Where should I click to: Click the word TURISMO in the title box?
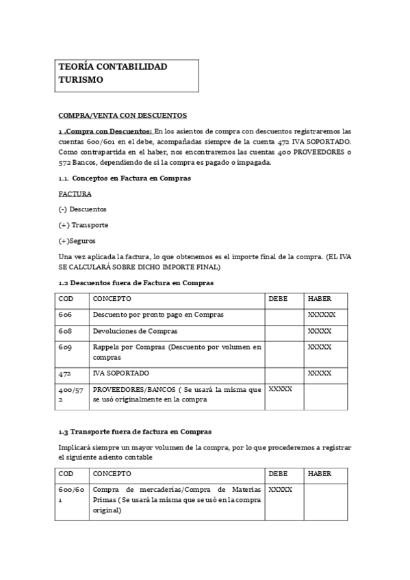(x=81, y=80)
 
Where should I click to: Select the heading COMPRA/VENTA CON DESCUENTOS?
(x=123, y=116)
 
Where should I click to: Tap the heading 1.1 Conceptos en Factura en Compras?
(x=125, y=178)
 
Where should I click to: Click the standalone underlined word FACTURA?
(x=75, y=194)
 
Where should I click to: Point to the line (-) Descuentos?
(x=83, y=209)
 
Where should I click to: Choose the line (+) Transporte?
(x=84, y=225)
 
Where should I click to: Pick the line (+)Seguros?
(x=77, y=241)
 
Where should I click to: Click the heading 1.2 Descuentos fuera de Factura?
(x=136, y=282)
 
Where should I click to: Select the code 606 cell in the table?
(x=65, y=315)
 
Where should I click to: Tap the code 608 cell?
(x=65, y=331)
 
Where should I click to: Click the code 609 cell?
(x=65, y=347)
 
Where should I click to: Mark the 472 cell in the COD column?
(x=65, y=373)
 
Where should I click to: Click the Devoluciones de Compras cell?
(x=135, y=331)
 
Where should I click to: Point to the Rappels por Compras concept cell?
(x=177, y=352)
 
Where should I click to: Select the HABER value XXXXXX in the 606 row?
(x=322, y=315)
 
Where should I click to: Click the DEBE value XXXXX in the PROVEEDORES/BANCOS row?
(x=281, y=389)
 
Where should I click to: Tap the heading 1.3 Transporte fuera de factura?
(x=135, y=432)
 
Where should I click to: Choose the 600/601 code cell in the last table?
(x=71, y=495)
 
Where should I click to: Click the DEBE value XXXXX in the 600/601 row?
(x=281, y=490)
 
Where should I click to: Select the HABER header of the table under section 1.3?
(x=320, y=473)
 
